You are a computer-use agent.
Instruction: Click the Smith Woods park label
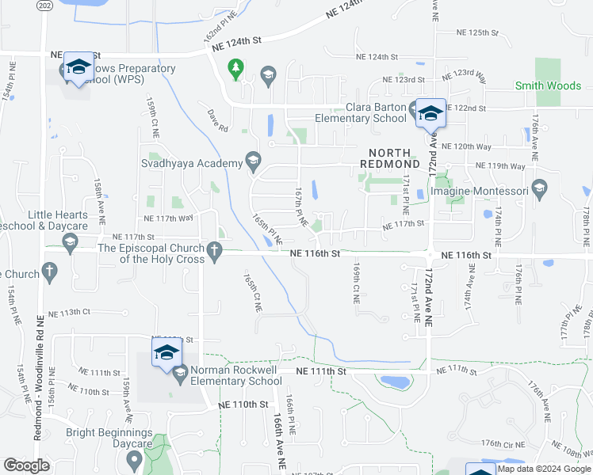click(548, 85)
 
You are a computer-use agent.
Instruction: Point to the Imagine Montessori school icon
click(540, 190)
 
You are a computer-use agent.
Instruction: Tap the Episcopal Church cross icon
click(213, 253)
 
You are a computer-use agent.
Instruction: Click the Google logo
click(27, 465)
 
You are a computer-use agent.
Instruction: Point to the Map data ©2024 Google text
click(544, 469)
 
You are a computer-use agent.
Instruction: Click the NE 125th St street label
click(477, 33)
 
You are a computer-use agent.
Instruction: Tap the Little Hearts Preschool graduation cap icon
click(70, 243)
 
